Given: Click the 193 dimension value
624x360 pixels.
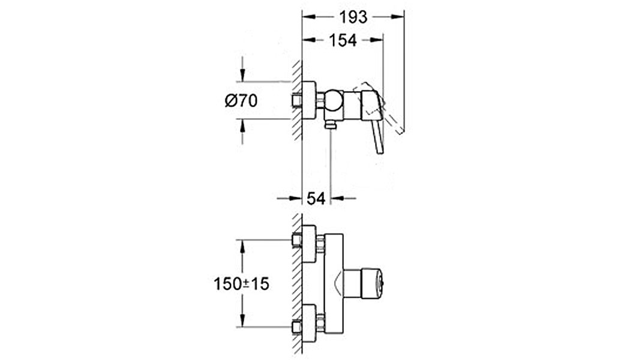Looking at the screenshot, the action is [353, 17].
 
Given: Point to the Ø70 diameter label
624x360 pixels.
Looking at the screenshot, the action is [241, 101].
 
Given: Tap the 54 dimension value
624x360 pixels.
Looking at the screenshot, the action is [316, 198].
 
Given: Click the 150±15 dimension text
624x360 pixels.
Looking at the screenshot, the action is [242, 284].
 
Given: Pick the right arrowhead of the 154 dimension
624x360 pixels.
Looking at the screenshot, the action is [376, 40].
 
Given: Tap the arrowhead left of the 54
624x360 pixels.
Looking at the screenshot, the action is [295, 198].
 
